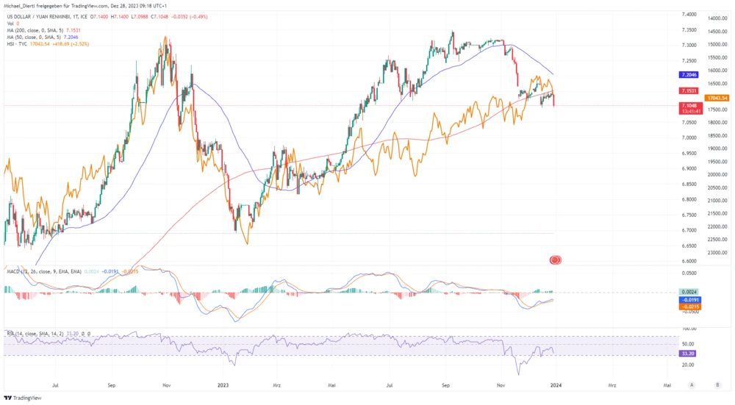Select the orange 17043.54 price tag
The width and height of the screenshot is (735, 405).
coord(716,98)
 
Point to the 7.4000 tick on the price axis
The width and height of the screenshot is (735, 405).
coord(689,14)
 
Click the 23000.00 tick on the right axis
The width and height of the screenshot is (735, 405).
coord(717,253)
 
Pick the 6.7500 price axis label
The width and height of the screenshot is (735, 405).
coord(689,215)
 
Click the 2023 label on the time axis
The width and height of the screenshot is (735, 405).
coord(223,384)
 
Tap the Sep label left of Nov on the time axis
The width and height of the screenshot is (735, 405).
coord(111,384)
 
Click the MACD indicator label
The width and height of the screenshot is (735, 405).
coord(13,272)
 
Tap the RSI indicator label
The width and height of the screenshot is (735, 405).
coord(11,333)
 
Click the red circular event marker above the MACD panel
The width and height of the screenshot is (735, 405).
coord(556,259)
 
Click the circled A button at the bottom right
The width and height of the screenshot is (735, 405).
coord(692,384)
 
